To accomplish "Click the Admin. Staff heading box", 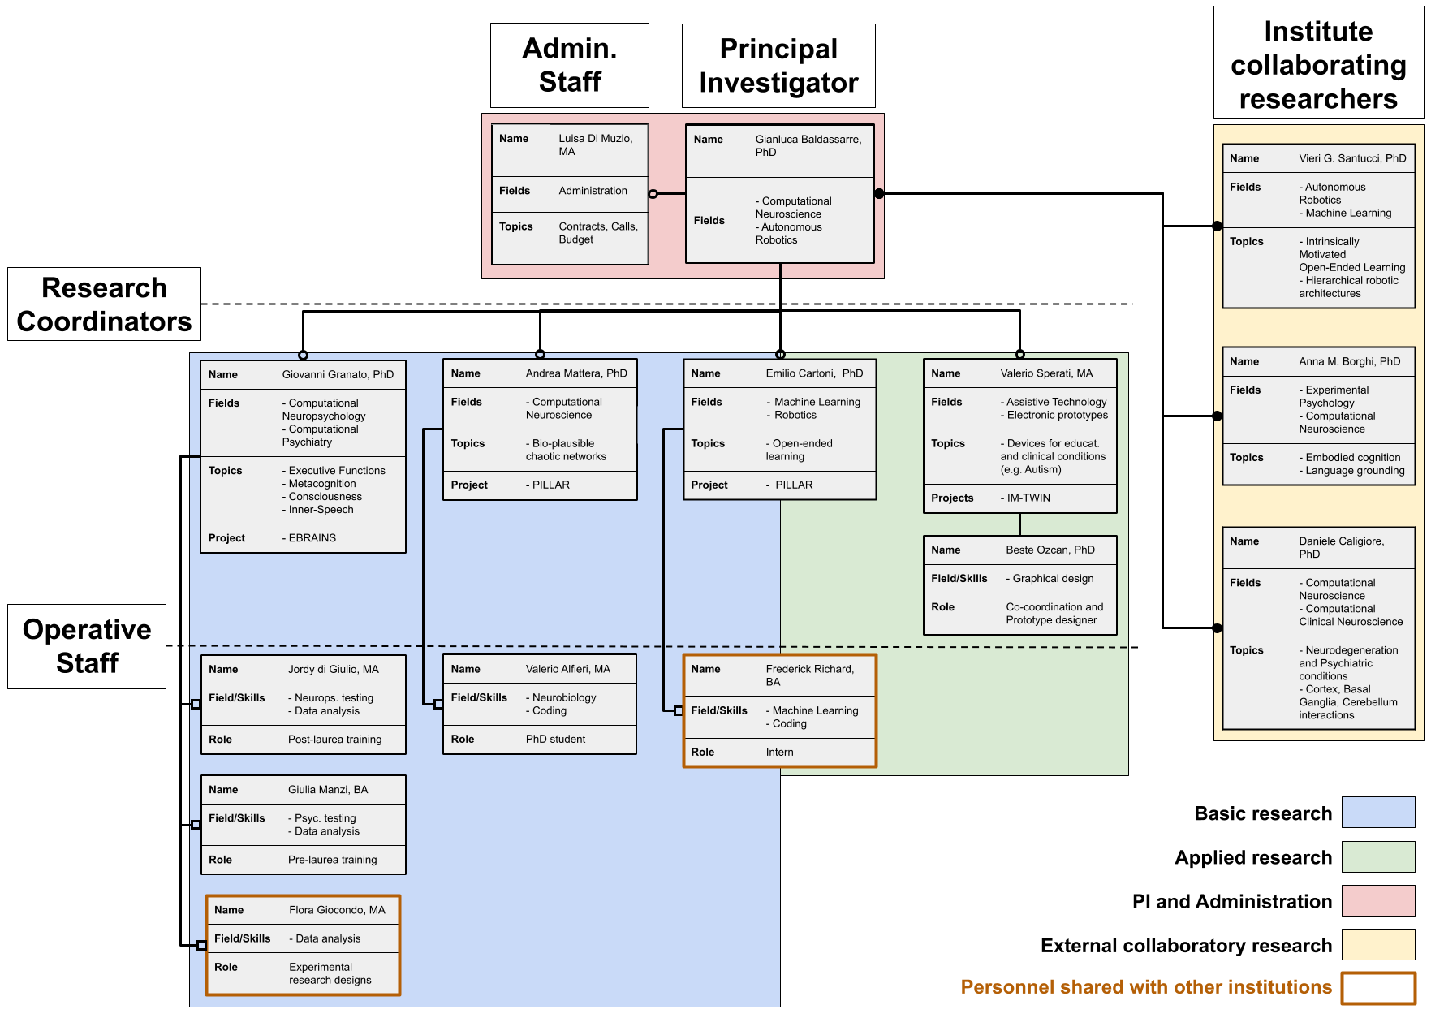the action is [570, 65].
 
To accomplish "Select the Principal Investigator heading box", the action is [778, 66].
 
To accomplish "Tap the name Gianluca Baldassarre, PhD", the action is [808, 146].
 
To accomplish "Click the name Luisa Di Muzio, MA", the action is [595, 145].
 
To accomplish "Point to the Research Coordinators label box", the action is [104, 304].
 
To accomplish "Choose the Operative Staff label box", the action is [87, 646].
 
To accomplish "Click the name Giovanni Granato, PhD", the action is [338, 375].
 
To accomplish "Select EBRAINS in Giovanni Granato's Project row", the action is [312, 538].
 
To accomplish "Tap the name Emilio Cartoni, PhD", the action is [814, 373].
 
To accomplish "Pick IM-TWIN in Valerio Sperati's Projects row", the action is [1028, 498].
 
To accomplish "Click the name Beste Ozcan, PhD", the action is [1050, 550].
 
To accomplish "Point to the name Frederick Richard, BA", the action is [809, 675].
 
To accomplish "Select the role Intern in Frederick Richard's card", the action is [779, 753].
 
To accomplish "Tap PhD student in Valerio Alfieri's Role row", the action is [555, 740].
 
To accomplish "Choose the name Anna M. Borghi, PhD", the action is [1349, 362].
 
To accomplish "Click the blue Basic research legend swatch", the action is [1377, 813].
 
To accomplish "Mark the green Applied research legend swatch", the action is [1377, 856].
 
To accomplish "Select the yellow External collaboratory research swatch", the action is [1377, 944].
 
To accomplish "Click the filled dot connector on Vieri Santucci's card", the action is [1217, 226].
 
